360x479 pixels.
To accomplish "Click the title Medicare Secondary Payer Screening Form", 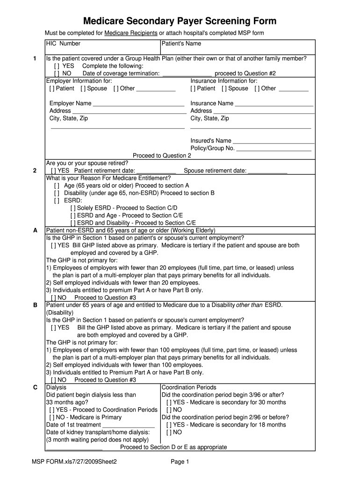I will [x=180, y=21].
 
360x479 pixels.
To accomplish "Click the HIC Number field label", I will [x=63, y=44].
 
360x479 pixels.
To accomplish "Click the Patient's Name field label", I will [x=181, y=44].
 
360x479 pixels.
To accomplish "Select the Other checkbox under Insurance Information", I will [x=258, y=88].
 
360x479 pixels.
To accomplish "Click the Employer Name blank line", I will [x=138, y=104].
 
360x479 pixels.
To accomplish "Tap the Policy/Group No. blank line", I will [x=274, y=149].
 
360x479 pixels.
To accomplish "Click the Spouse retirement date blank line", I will [x=267, y=171].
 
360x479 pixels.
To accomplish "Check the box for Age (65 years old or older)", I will [x=57, y=186].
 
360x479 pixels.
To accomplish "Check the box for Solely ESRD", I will [x=73, y=208].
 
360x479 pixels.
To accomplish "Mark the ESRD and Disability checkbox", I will [x=73, y=223].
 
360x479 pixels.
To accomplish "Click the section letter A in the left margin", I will [x=35, y=231].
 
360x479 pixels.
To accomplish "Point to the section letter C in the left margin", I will [x=35, y=388].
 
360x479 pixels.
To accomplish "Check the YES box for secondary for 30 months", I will [x=169, y=403].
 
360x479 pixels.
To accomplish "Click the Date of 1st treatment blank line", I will [x=129, y=425].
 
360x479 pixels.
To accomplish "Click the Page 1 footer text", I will [x=180, y=462].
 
